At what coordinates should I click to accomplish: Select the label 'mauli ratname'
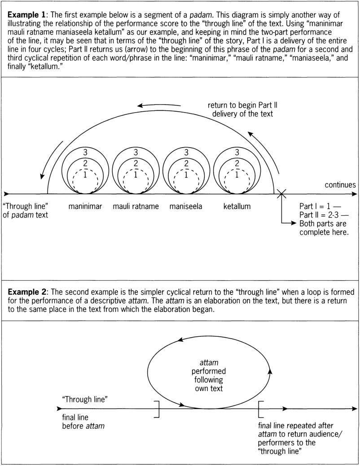click(x=135, y=207)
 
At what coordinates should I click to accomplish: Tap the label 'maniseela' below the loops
click(x=186, y=207)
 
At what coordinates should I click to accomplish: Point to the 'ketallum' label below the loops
click(x=237, y=207)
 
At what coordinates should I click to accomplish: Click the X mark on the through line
click(x=281, y=194)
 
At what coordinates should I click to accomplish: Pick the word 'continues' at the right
click(x=340, y=185)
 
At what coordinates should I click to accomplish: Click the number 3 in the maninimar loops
click(x=85, y=152)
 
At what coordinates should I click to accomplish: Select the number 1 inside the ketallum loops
click(x=237, y=175)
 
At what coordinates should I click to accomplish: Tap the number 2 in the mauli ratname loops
click(x=136, y=164)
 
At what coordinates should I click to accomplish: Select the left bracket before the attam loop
click(x=157, y=409)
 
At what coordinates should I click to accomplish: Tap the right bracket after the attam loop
click(x=261, y=409)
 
